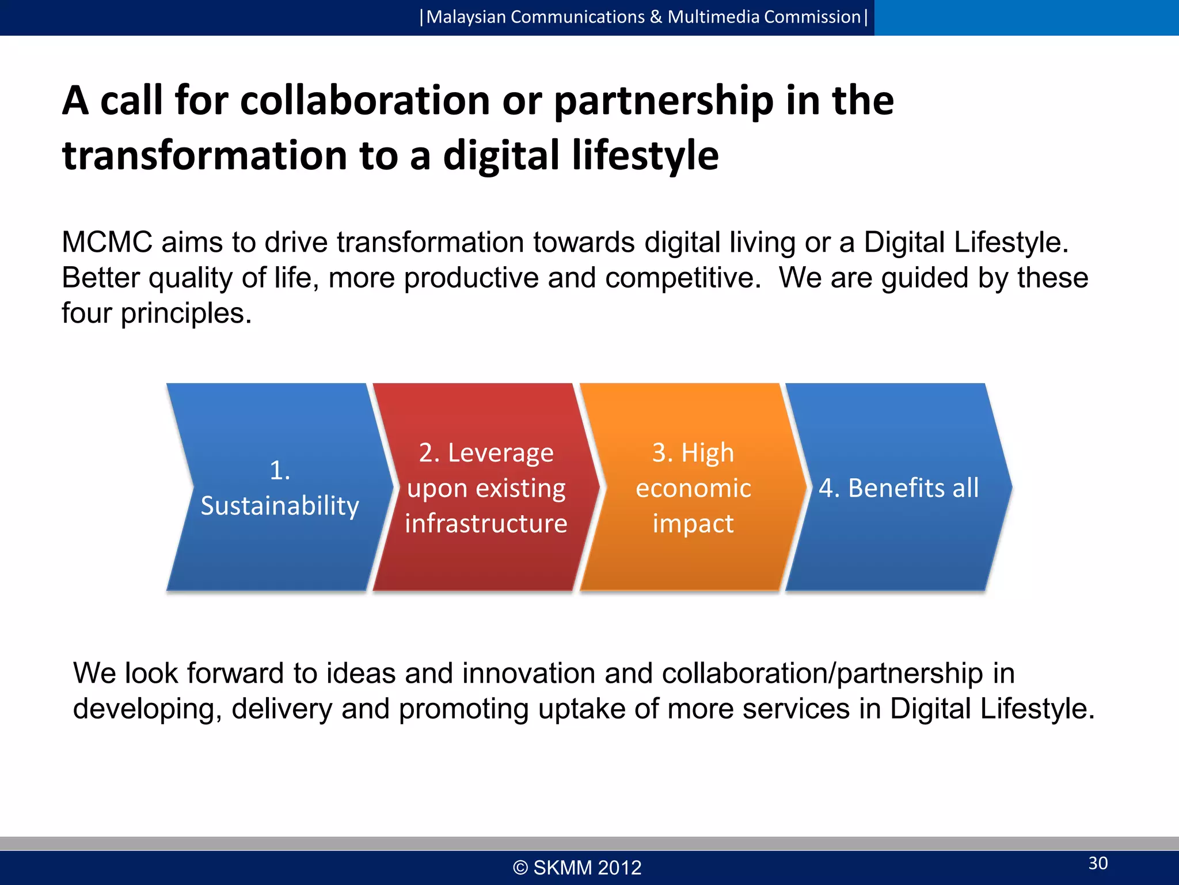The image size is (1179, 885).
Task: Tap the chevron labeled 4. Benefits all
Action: click(x=899, y=487)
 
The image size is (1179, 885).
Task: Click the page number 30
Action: click(x=1098, y=863)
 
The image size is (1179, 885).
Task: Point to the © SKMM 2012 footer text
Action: click(x=577, y=867)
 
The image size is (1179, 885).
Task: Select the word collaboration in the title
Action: click(x=364, y=100)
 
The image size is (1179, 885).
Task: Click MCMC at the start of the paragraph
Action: click(x=107, y=242)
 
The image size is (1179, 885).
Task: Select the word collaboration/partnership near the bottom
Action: click(x=822, y=673)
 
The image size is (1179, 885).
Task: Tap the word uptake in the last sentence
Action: click(x=581, y=709)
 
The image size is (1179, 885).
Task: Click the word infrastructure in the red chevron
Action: click(x=486, y=523)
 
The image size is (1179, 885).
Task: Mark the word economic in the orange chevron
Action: click(x=693, y=488)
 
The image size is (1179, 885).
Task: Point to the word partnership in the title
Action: click(x=664, y=100)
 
